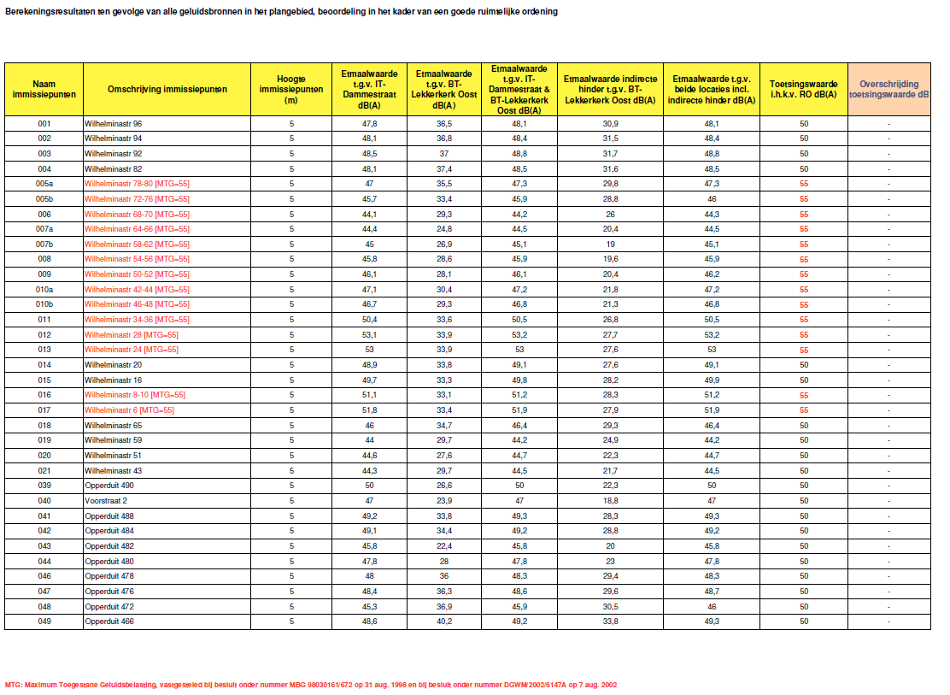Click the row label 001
pyautogui.click(x=44, y=124)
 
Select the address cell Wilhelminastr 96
pyautogui.click(x=114, y=124)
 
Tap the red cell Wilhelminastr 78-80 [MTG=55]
pyautogui.click(x=137, y=184)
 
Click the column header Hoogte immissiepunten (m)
pyautogui.click(x=291, y=89)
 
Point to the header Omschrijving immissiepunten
pyautogui.click(x=167, y=89)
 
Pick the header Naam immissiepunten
pyautogui.click(x=44, y=89)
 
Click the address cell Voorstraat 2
pyautogui.click(x=106, y=501)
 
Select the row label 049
pyautogui.click(x=44, y=621)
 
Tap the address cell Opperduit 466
pyautogui.click(x=108, y=621)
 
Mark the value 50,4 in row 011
pyautogui.click(x=370, y=320)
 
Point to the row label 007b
pyautogui.click(x=44, y=244)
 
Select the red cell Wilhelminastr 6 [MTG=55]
pyautogui.click(x=129, y=410)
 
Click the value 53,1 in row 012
pyautogui.click(x=370, y=334)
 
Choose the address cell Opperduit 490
pyautogui.click(x=108, y=486)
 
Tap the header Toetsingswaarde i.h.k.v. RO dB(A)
pyautogui.click(x=804, y=89)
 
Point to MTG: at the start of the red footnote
pyautogui.click(x=14, y=685)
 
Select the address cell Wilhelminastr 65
pyautogui.click(x=114, y=425)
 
